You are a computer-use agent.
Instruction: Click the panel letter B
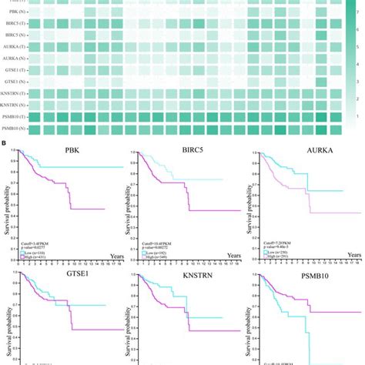click(x=6, y=142)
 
